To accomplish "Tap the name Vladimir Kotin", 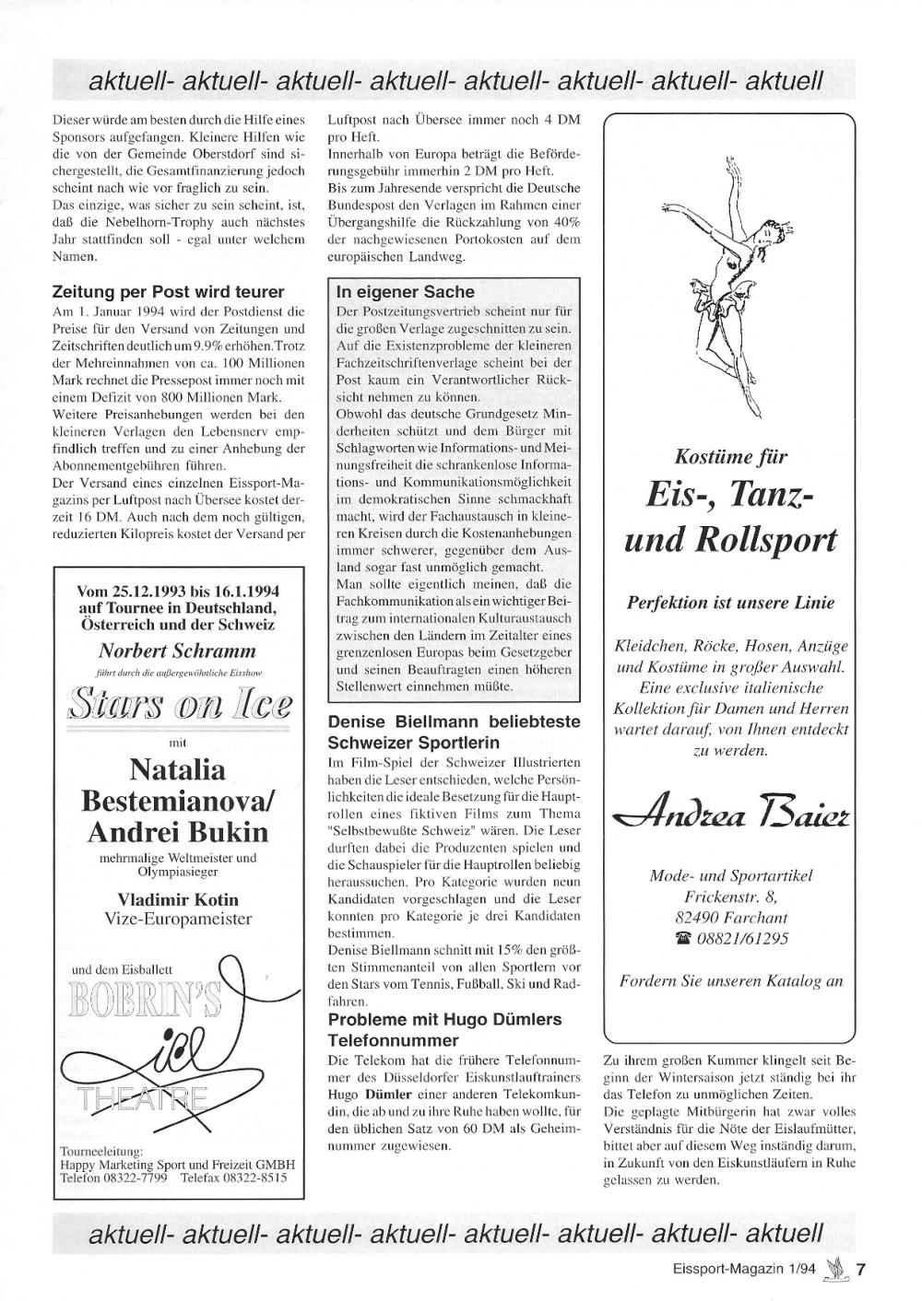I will pyautogui.click(x=178, y=899).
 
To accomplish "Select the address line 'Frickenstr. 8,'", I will pyautogui.click(x=731, y=897).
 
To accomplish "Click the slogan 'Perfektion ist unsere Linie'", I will pyautogui.click(x=731, y=604).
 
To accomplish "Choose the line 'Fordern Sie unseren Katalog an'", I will pyautogui.click(x=732, y=980).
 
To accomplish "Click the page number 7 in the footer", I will pyautogui.click(x=861, y=1269).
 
